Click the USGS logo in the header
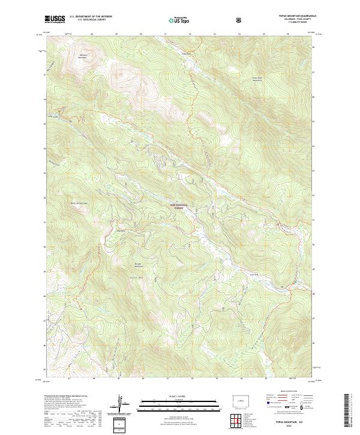click(x=55, y=20)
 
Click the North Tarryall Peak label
click(x=80, y=202)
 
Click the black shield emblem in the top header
click(x=240, y=20)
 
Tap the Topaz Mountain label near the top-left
click(x=83, y=56)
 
